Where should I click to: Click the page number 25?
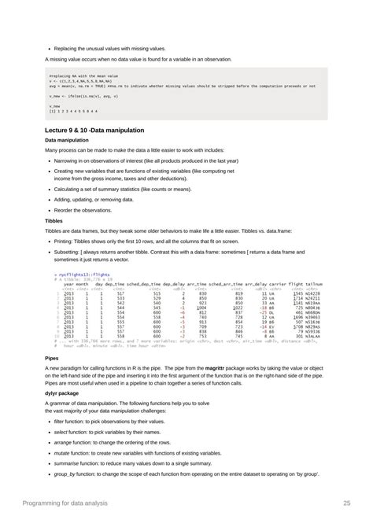pyautogui.click(x=346, y=503)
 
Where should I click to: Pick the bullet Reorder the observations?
pyautogui.click(x=86, y=211)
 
